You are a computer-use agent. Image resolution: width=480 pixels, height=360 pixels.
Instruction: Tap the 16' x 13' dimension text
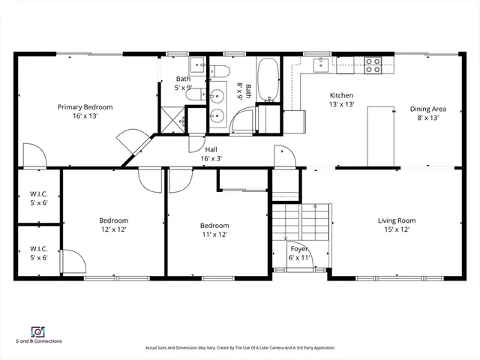[85, 117]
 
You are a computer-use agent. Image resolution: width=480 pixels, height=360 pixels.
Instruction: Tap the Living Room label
[396, 220]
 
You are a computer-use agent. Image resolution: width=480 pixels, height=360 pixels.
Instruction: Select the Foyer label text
[299, 247]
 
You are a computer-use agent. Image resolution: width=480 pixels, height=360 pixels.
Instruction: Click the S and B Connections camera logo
[37, 331]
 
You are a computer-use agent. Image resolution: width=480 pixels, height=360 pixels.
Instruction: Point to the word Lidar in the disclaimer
[244, 348]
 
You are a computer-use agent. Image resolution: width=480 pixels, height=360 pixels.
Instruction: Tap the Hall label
[211, 148]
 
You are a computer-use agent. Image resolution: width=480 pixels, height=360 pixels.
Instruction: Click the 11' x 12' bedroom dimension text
[214, 235]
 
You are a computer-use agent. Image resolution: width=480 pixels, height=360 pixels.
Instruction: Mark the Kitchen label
[341, 95]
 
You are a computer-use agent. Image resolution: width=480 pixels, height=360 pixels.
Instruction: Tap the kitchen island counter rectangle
[380, 135]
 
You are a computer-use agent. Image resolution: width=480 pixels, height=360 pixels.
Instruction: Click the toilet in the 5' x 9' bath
[220, 72]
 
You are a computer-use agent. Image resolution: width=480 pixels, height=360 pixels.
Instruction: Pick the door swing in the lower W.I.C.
[71, 262]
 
